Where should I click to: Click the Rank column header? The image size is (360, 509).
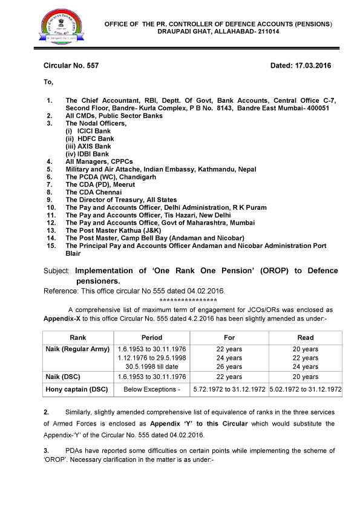coord(78,337)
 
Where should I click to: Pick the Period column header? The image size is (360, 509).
coord(151,337)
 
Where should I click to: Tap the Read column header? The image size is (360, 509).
coord(306,337)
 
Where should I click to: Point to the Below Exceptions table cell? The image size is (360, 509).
coord(152,389)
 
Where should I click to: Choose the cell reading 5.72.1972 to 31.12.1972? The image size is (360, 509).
coord(229,389)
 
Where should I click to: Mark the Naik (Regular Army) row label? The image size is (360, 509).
coord(77,349)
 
